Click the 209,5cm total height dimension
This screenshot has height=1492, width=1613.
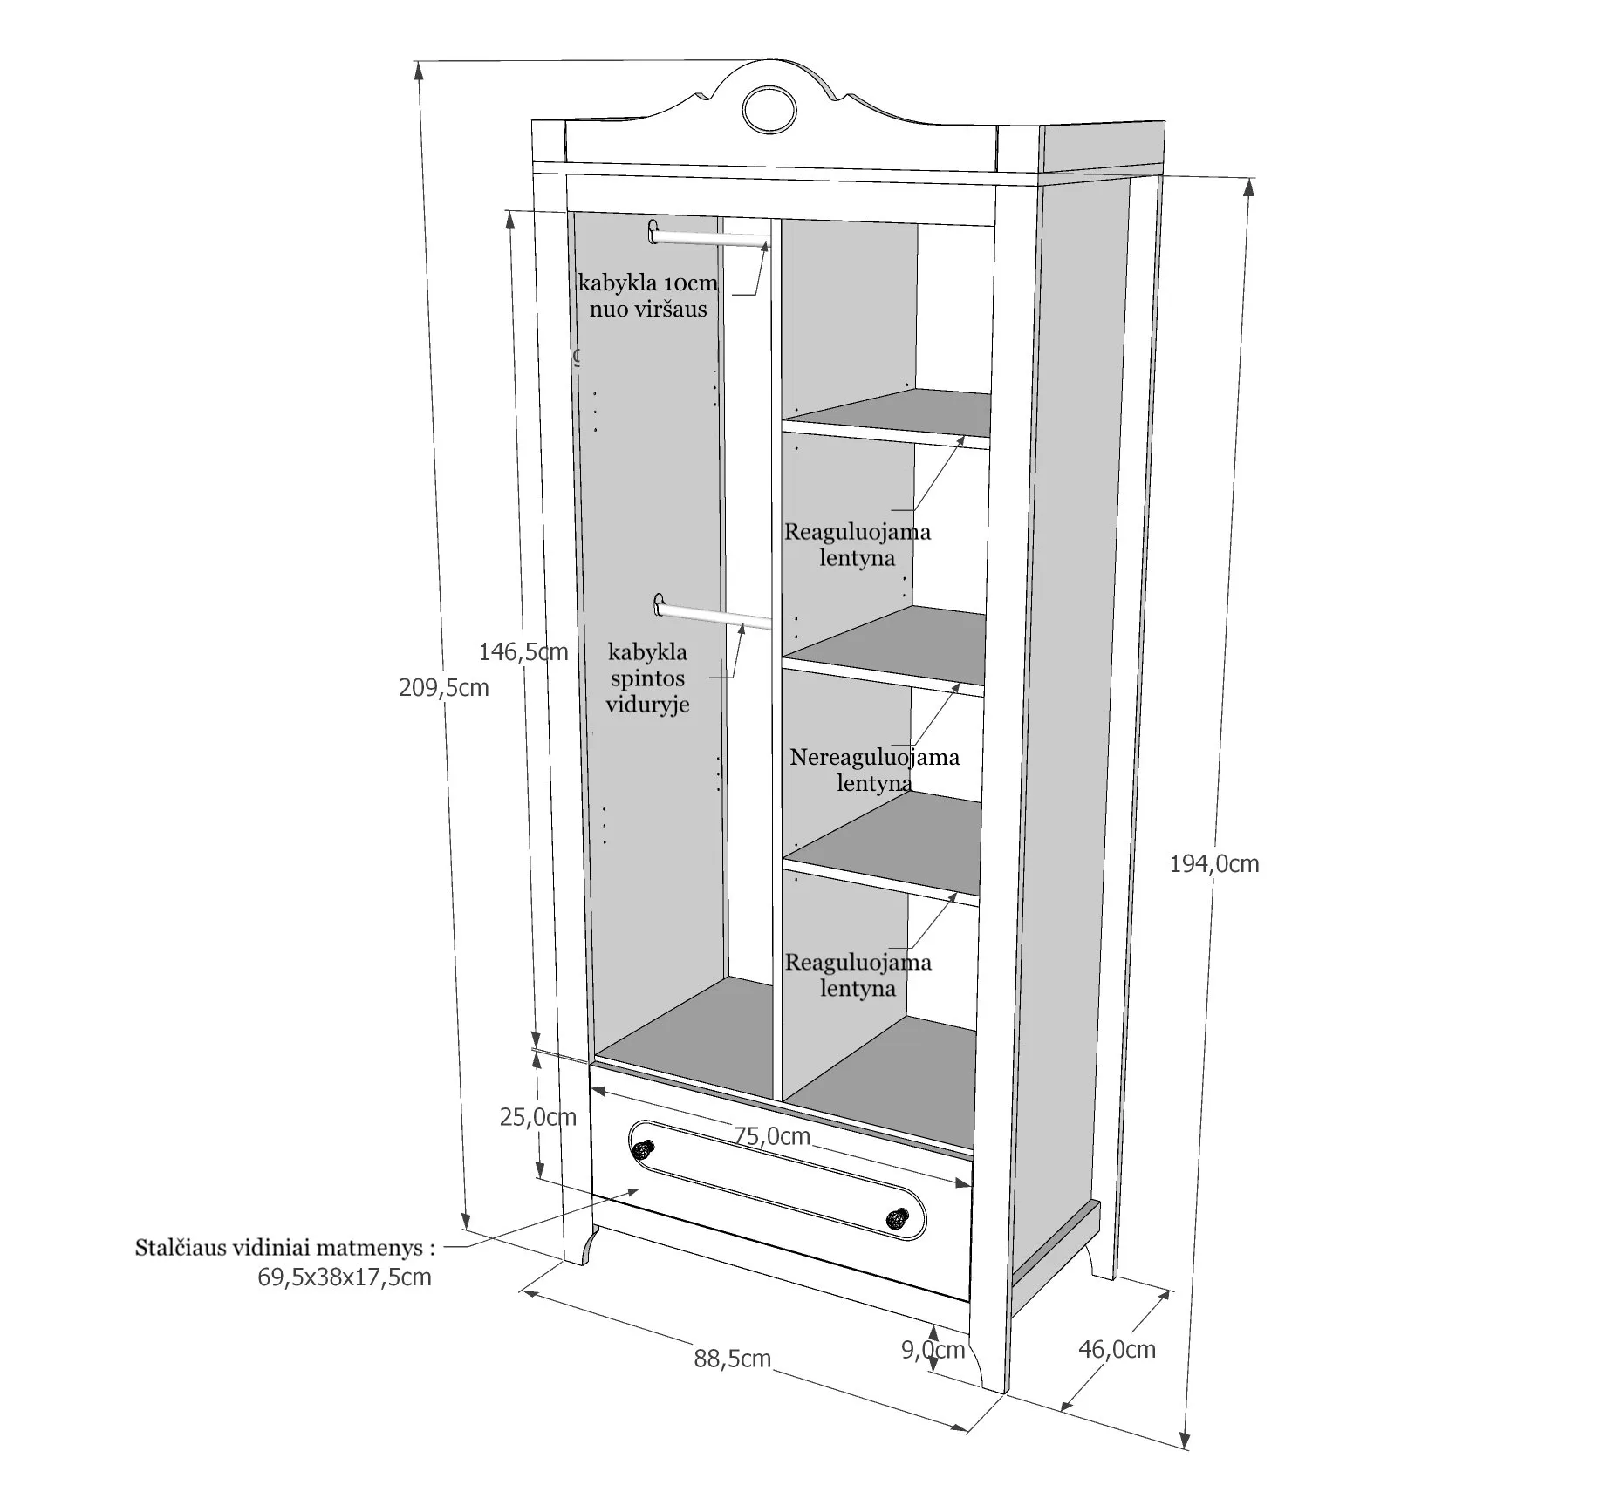(x=443, y=688)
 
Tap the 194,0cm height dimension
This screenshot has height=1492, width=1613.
(x=1213, y=864)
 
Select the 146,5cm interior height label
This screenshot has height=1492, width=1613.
(x=523, y=651)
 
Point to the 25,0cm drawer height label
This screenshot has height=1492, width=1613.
(x=537, y=1116)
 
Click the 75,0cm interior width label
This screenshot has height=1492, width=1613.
(x=771, y=1136)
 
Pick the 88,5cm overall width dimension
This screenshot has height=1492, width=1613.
(x=732, y=1359)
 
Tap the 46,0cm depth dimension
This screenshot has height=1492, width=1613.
(x=1117, y=1349)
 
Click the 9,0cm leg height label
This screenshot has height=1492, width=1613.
(x=933, y=1350)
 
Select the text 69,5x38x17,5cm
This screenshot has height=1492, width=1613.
(x=344, y=1277)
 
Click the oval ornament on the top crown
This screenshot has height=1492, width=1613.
(x=769, y=110)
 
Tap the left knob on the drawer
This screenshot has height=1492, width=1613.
(x=643, y=1150)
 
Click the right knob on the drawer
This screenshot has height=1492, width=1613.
(x=897, y=1218)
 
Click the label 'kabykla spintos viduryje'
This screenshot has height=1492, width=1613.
(x=647, y=678)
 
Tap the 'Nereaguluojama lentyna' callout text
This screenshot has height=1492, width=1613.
(x=874, y=769)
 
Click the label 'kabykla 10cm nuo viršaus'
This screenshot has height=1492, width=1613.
(x=647, y=296)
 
